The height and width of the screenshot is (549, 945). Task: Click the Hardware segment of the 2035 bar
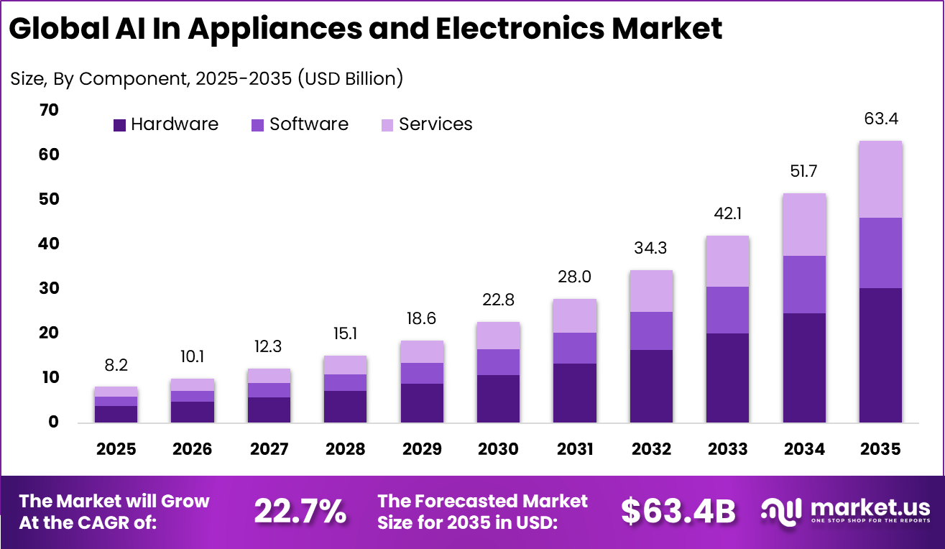(880, 355)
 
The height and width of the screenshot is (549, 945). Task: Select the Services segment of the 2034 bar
(804, 224)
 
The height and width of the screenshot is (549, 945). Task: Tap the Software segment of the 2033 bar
(727, 310)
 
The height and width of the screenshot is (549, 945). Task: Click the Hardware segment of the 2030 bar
(498, 398)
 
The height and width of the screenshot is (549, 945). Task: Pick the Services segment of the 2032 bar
(651, 291)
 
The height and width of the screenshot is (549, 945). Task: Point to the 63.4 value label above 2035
(880, 119)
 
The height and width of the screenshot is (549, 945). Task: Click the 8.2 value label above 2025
(116, 365)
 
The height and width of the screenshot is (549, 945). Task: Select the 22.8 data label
(498, 300)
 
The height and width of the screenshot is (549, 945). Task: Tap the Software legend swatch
(257, 125)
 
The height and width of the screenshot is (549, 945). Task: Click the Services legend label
(435, 124)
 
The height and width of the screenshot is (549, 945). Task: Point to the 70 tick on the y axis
(49, 110)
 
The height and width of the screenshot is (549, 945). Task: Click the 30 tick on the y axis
(49, 288)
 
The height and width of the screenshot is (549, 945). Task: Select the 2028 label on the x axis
(345, 449)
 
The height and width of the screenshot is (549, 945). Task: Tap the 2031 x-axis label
(574, 449)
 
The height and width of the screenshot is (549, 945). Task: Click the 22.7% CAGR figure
(300, 511)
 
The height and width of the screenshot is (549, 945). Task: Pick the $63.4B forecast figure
(678, 511)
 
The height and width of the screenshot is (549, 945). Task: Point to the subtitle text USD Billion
(351, 78)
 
